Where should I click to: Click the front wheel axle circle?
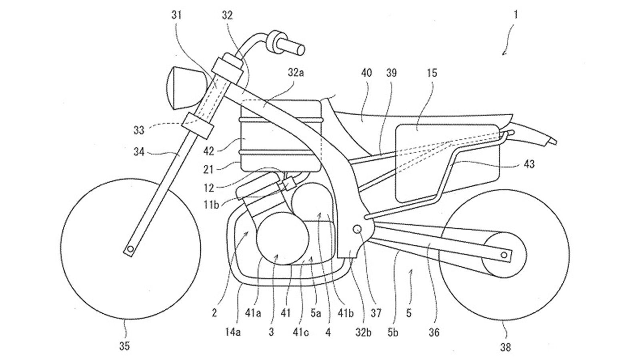130,249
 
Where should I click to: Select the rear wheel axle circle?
505,254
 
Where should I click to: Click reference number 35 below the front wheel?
124,346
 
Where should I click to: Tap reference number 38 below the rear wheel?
506,347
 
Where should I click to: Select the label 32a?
296,73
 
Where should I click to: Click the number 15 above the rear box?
432,73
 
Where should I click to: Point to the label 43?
529,164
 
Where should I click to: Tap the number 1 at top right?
516,15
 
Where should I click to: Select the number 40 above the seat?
366,73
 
